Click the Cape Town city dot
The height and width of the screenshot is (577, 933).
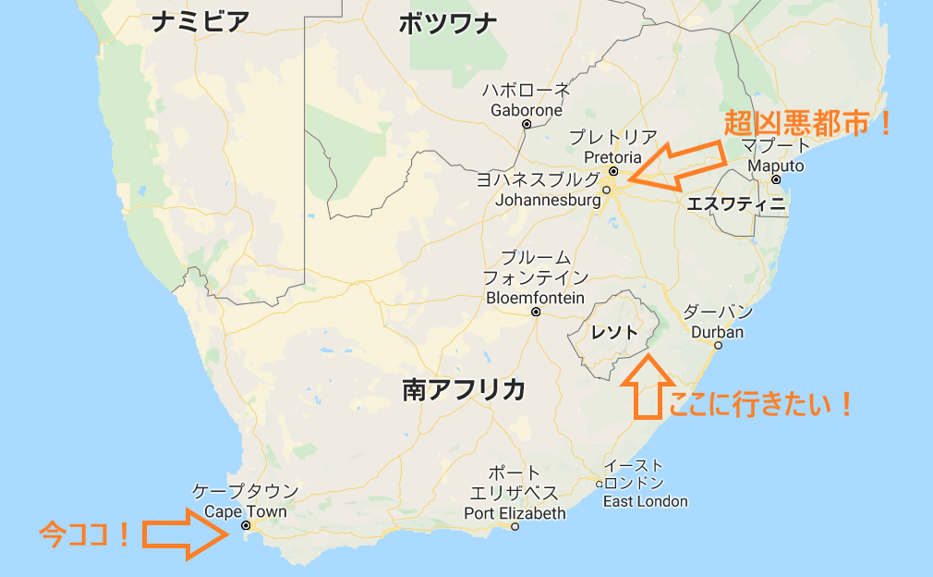click(x=245, y=526)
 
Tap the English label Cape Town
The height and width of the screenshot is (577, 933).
click(x=245, y=511)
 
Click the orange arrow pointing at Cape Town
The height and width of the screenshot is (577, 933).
click(x=185, y=534)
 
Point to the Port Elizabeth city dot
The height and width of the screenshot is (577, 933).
click(x=515, y=527)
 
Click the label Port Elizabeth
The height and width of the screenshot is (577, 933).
click(x=515, y=512)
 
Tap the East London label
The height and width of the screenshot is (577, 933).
click(x=646, y=501)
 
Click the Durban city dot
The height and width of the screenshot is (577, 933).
click(x=718, y=346)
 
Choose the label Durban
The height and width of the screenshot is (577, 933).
click(x=717, y=332)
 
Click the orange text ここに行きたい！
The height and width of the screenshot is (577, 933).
click(x=760, y=404)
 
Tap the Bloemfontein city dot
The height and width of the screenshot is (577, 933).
click(x=536, y=312)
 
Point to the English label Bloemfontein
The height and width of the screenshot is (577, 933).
click(x=536, y=298)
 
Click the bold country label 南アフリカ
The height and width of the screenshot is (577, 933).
click(x=464, y=389)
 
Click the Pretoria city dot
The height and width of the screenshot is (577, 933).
click(x=613, y=171)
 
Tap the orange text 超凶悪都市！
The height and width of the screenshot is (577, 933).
click(x=808, y=122)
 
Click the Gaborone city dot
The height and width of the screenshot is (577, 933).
click(x=527, y=124)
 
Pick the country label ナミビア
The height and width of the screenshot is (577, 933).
click(x=200, y=22)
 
